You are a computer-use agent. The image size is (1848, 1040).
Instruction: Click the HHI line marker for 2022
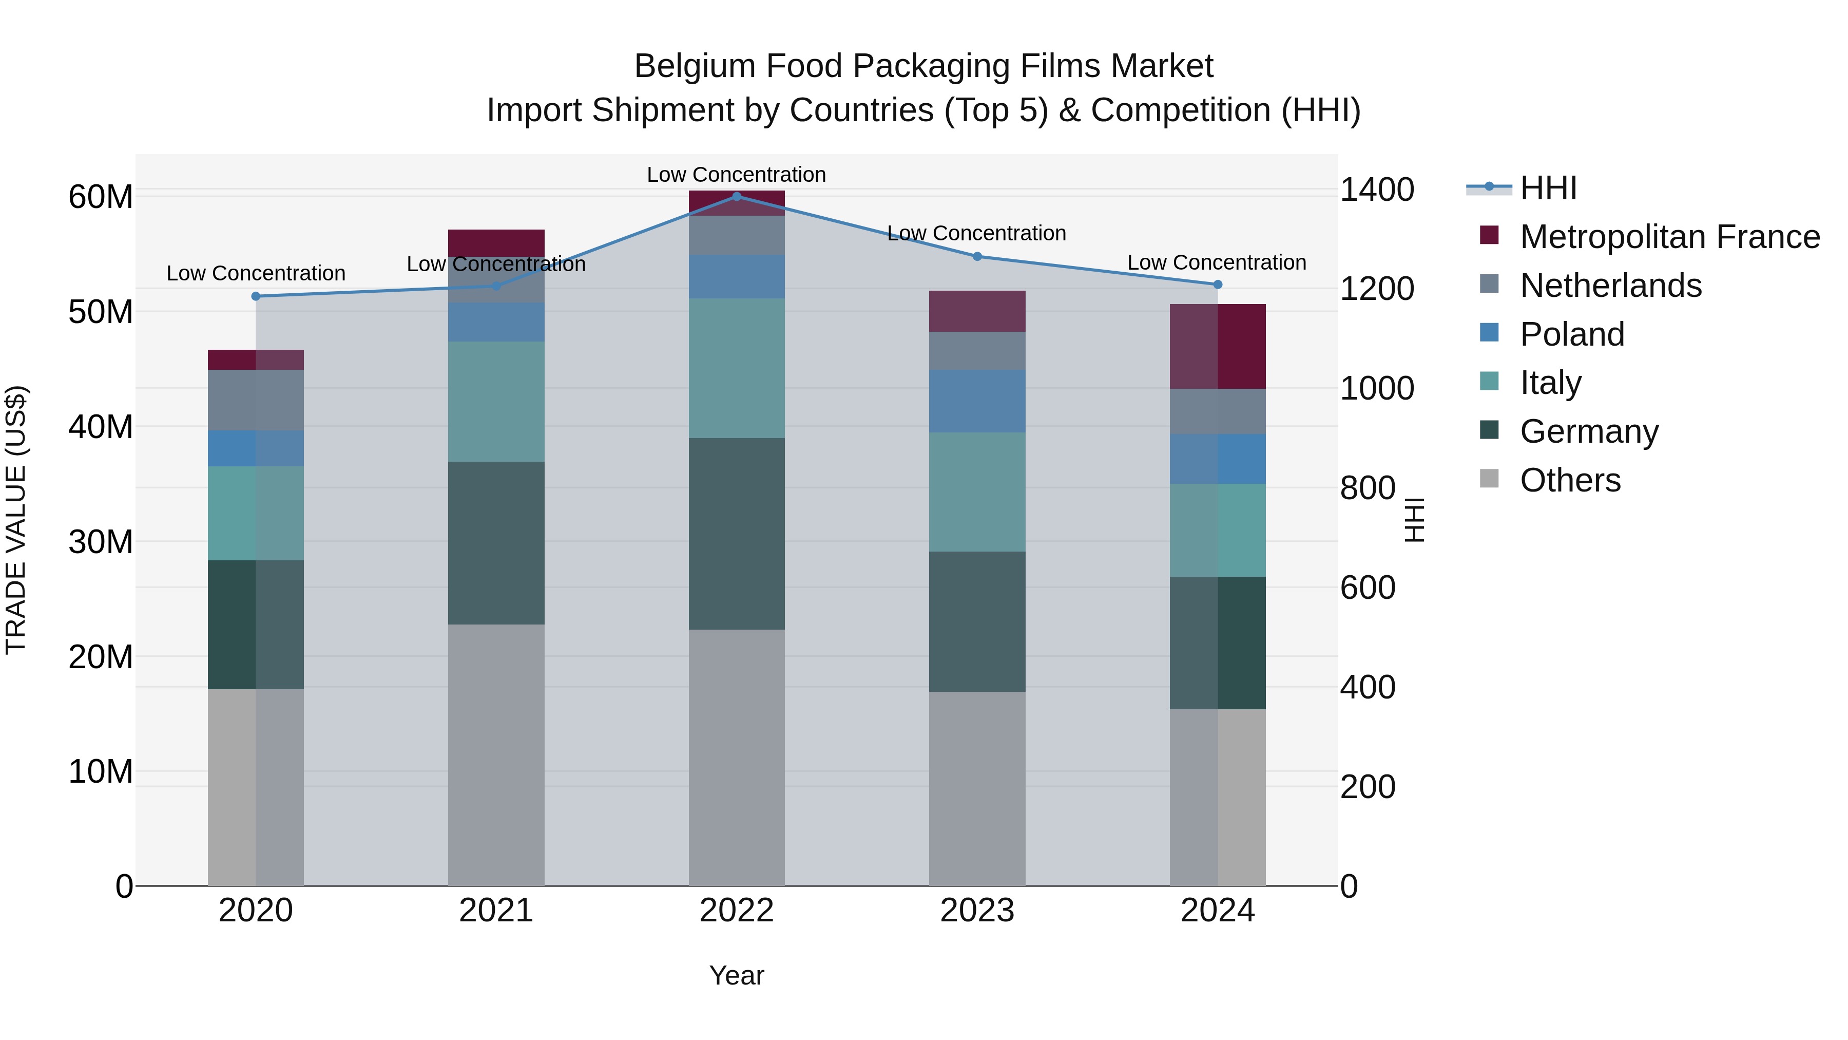[736, 196]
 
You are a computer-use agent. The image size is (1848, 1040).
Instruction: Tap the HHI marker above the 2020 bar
[256, 296]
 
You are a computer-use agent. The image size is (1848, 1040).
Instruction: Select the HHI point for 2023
[976, 256]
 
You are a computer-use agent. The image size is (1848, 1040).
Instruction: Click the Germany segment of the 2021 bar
[496, 543]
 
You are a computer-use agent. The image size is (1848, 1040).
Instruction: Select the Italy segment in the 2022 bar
[736, 368]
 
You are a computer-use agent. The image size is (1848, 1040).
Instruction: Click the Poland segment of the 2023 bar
[976, 401]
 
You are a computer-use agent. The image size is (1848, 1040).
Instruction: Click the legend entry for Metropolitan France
[1669, 237]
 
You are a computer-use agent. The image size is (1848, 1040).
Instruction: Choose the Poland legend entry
[1572, 334]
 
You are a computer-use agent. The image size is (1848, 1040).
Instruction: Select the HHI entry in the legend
[1548, 188]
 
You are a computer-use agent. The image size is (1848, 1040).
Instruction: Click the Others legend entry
[1570, 480]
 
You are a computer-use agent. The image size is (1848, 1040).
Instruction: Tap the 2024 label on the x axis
[1218, 911]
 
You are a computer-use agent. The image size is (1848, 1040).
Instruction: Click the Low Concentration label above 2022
[736, 175]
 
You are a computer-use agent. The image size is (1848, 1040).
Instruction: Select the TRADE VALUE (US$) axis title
[16, 520]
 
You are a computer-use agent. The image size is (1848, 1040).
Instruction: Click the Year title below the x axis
[736, 975]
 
